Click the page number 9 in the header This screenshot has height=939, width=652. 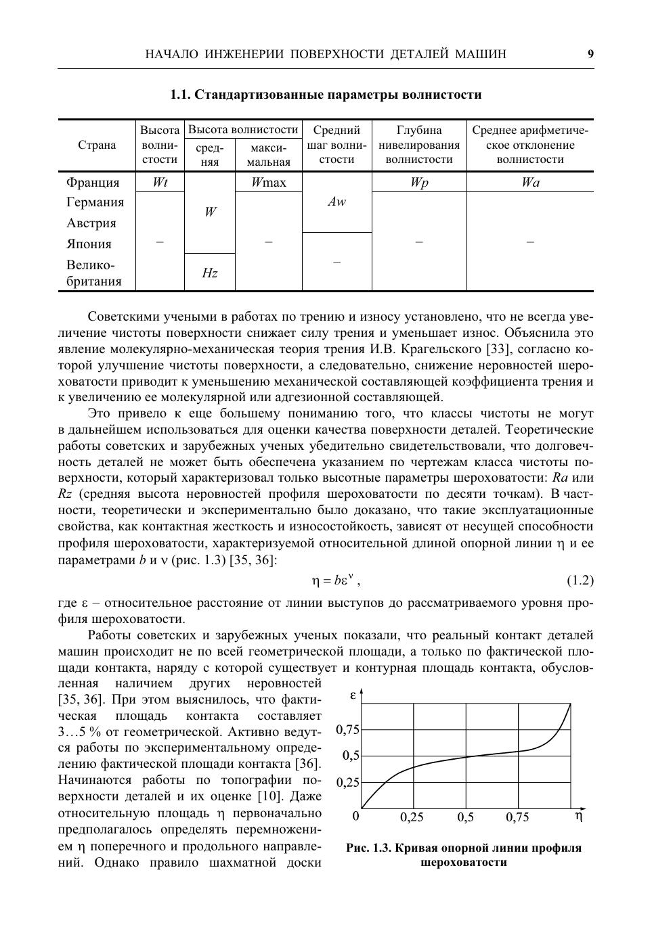click(x=590, y=54)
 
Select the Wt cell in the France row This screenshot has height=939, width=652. click(x=160, y=182)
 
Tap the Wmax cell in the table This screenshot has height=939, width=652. click(x=269, y=182)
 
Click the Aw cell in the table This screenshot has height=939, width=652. click(x=336, y=202)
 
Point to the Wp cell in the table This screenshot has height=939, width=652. click(x=419, y=183)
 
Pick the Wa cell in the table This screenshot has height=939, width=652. click(x=530, y=183)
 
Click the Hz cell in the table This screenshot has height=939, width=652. click(x=210, y=273)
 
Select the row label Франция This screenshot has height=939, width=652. click(x=93, y=183)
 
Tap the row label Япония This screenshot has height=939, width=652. click(x=89, y=244)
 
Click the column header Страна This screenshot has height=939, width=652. click(x=97, y=145)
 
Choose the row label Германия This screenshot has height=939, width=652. click(x=95, y=202)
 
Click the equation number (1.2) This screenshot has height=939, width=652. click(x=580, y=580)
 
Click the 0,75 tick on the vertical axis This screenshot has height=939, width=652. click(x=347, y=730)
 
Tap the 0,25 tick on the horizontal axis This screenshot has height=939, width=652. click(x=412, y=817)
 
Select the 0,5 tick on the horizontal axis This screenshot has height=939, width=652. click(x=465, y=817)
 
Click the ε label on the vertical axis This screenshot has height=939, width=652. click(x=353, y=695)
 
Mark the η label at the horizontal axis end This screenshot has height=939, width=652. click(x=578, y=816)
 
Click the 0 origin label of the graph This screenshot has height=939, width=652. click(x=356, y=817)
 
